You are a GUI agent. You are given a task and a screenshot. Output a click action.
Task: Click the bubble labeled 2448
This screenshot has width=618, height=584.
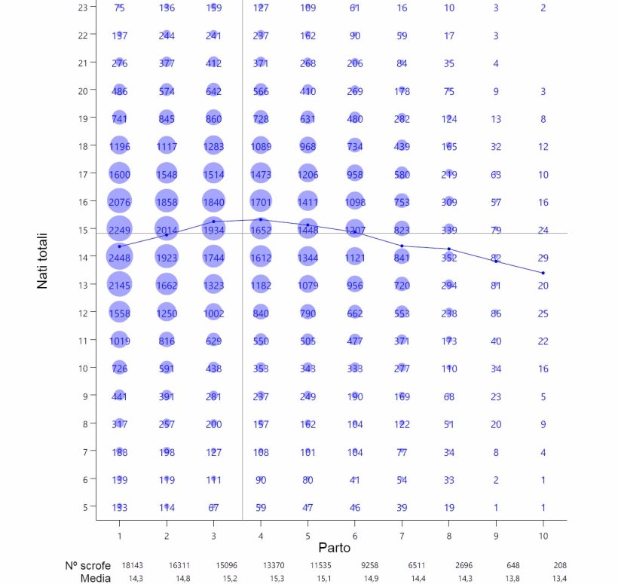pyautogui.click(x=120, y=257)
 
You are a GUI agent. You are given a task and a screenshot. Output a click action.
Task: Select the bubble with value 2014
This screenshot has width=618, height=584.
pyautogui.click(x=167, y=230)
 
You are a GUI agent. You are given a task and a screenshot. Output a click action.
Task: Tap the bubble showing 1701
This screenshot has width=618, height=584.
pyautogui.click(x=261, y=202)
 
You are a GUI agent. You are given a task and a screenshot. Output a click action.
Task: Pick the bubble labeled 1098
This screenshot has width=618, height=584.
pyautogui.click(x=355, y=202)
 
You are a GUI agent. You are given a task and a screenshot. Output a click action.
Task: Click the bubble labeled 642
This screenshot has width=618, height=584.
pyautogui.click(x=213, y=91)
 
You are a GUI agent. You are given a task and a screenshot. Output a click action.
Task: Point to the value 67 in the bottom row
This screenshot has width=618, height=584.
pyautogui.click(x=213, y=507)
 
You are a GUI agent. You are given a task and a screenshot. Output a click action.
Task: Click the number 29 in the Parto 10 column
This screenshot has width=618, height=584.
pyautogui.click(x=543, y=258)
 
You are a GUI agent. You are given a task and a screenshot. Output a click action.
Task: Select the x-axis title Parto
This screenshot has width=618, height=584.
pyautogui.click(x=334, y=547)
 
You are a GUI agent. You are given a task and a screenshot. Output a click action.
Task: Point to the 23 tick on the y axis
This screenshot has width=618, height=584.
pyautogui.click(x=82, y=8)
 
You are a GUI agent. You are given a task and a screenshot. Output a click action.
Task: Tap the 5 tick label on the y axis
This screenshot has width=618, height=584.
pyautogui.click(x=84, y=506)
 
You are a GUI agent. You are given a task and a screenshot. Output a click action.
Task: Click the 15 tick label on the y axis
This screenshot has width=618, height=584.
pyautogui.click(x=82, y=229)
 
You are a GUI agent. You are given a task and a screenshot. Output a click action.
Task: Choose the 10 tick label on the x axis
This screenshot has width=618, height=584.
pyautogui.click(x=543, y=535)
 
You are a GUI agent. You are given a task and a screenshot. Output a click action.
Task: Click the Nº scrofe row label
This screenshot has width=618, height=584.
pyautogui.click(x=87, y=565)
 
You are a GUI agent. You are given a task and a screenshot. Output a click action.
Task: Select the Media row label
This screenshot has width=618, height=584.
pyautogui.click(x=96, y=578)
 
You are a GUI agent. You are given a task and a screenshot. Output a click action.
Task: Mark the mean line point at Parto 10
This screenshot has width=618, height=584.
pyautogui.click(x=543, y=273)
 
